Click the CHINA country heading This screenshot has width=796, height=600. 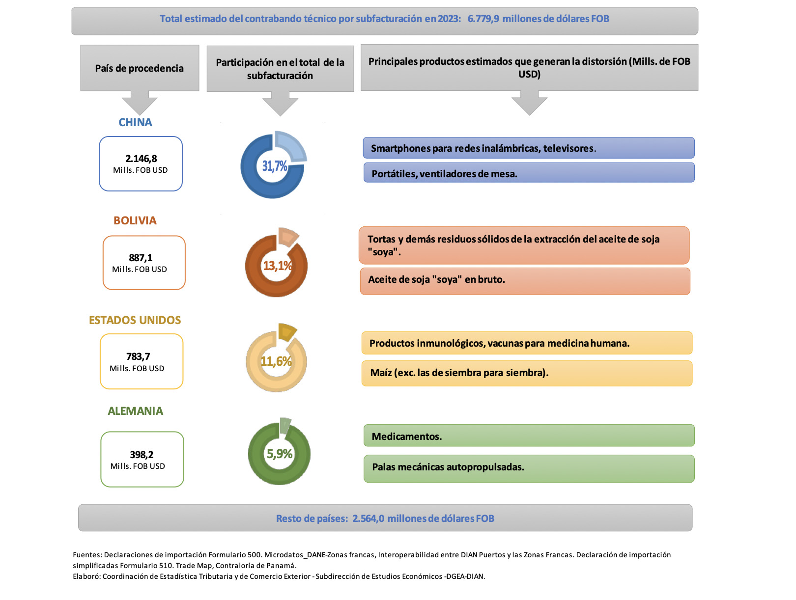point(135,122)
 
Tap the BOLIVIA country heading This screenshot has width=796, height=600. point(135,220)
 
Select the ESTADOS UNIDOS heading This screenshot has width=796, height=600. point(135,320)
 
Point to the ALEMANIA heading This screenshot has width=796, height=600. point(135,411)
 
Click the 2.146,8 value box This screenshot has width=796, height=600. point(141,164)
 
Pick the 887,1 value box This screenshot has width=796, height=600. point(144,263)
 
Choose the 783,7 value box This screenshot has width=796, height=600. point(142,361)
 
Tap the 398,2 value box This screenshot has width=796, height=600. point(142,459)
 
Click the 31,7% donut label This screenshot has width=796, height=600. point(274,166)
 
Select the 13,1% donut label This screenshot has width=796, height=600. point(277,266)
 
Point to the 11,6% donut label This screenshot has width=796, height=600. point(276,361)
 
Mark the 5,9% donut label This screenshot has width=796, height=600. point(279,454)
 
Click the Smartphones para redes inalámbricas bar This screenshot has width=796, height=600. point(529,148)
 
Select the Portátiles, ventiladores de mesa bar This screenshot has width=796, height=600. point(529,173)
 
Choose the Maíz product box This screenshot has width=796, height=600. point(527,373)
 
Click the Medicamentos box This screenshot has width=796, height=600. point(529,436)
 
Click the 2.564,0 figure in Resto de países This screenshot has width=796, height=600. point(368,518)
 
